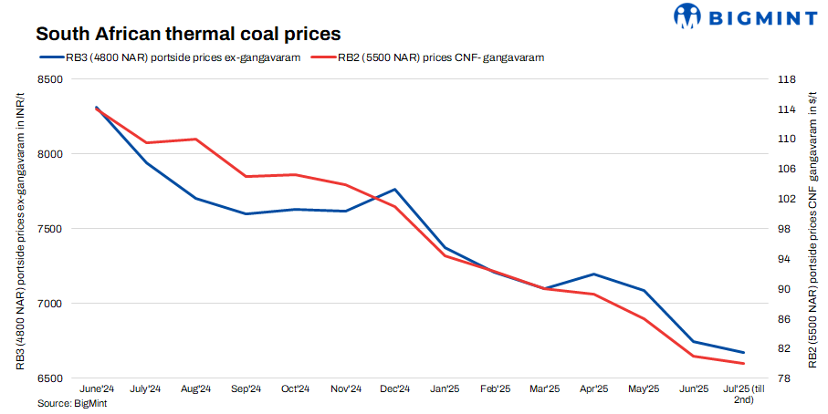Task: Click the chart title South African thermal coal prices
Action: point(188,35)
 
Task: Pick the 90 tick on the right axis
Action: point(783,289)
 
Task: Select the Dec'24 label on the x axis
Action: point(395,389)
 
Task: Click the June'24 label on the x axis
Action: point(97,389)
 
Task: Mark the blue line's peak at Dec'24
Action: point(395,190)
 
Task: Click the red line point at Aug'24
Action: point(196,140)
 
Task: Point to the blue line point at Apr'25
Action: point(594,274)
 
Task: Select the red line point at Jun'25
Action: point(694,357)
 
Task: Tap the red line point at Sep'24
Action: point(246,177)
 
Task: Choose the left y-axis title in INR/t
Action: point(21,228)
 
